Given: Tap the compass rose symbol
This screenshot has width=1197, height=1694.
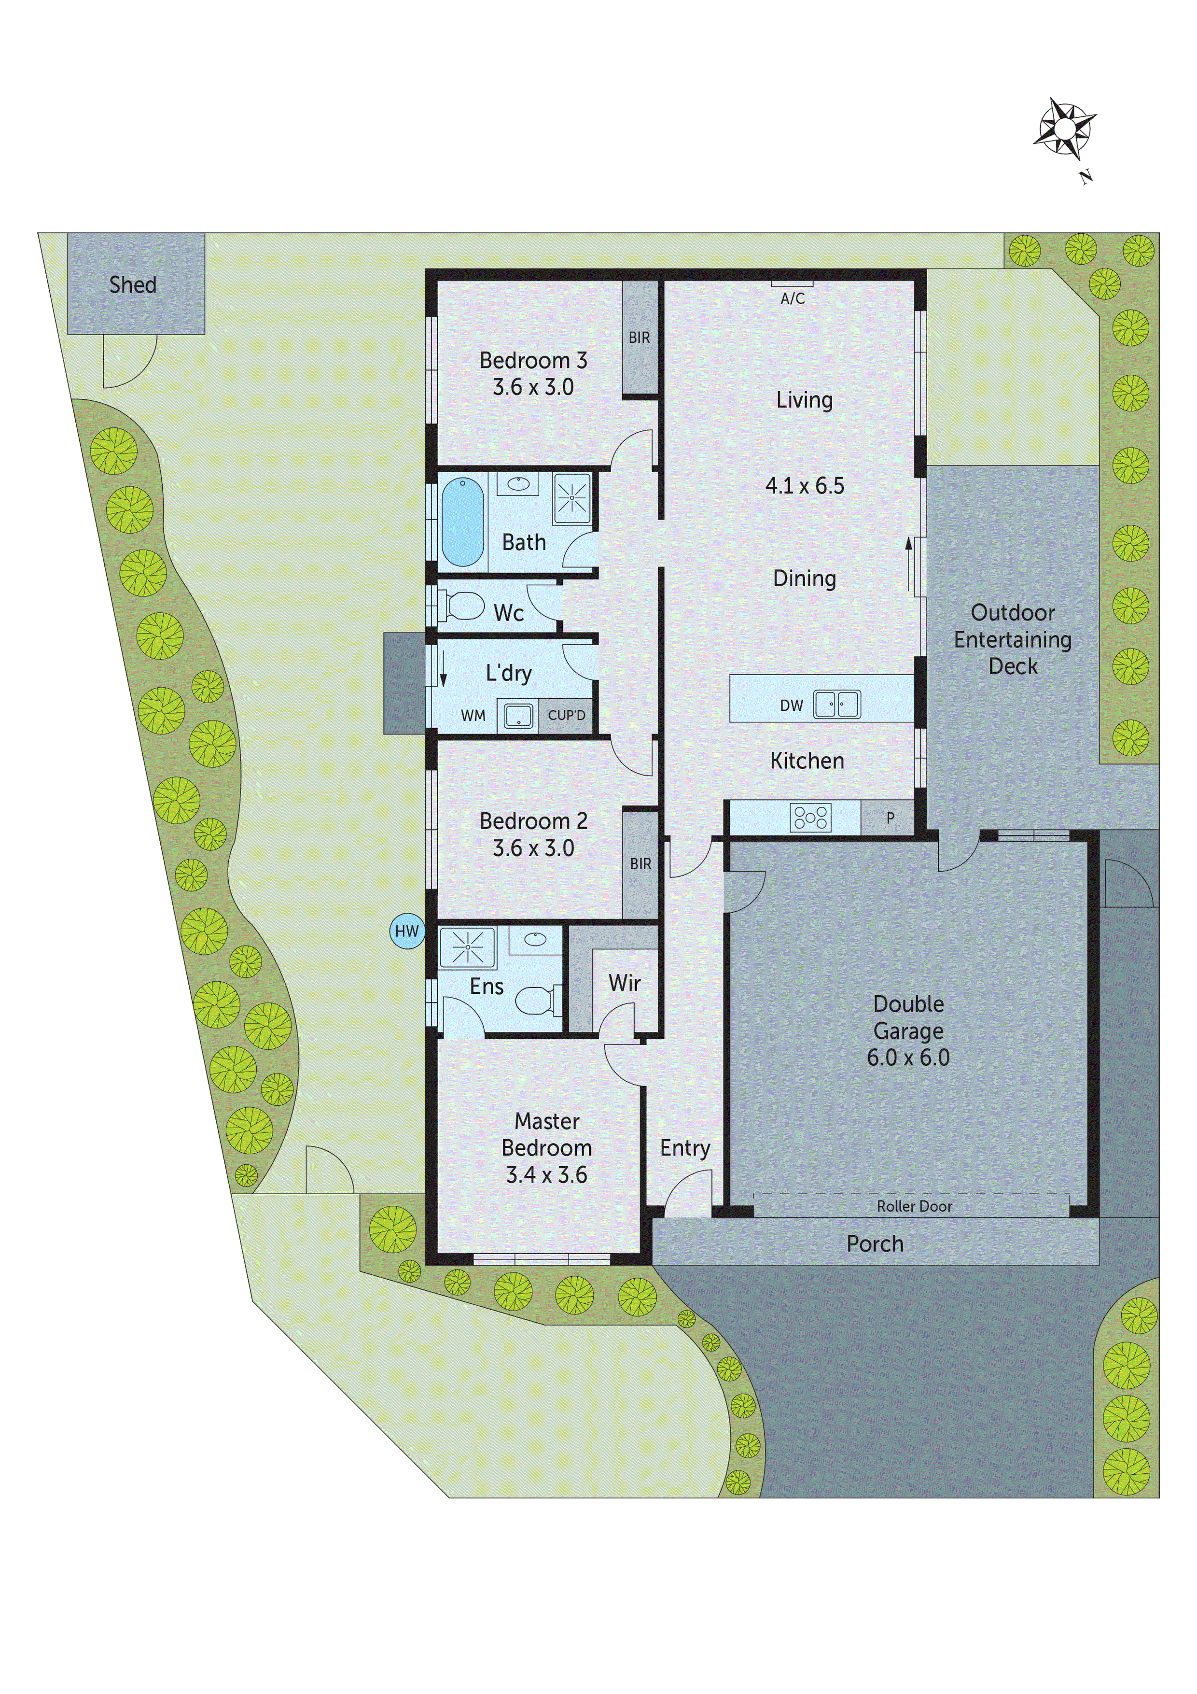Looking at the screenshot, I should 1064,129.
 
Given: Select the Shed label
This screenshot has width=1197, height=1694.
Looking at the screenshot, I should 133,285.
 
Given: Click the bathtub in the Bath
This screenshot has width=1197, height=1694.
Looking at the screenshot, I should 462,521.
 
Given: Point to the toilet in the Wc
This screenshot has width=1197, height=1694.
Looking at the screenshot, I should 462,606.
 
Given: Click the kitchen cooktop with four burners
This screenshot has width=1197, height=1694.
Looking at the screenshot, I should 810,818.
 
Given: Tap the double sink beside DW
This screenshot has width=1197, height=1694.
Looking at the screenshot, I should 837,704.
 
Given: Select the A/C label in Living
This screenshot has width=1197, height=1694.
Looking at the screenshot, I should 793,299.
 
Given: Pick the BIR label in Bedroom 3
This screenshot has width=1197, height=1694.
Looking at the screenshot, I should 640,338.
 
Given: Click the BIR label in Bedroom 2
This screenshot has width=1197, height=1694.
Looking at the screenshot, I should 640,864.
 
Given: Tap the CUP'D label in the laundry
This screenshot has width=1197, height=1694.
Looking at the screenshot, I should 567,715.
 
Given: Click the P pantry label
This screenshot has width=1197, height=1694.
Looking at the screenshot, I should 890,818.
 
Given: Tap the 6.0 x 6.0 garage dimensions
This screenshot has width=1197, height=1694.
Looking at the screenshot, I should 908,1057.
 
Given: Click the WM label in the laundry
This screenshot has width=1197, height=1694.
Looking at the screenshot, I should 473,716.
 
